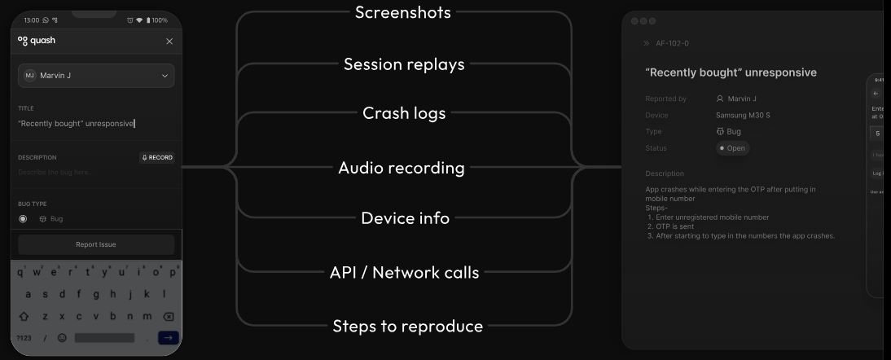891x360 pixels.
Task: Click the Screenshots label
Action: tap(402, 13)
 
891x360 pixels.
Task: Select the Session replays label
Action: tap(404, 64)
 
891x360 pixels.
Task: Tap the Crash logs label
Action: tap(404, 113)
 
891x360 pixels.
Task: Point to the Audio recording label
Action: tap(402, 169)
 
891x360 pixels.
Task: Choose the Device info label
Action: tap(405, 218)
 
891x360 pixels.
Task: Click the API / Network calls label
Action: tap(404, 273)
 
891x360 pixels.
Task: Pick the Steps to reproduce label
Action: tap(407, 327)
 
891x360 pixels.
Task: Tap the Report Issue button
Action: tap(96, 244)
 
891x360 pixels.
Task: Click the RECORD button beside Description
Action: tap(157, 157)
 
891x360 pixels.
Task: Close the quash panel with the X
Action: tap(169, 41)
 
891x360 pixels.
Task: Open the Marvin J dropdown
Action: tap(96, 76)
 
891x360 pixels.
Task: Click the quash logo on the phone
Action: tap(37, 41)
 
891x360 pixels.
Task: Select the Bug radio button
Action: tap(23, 219)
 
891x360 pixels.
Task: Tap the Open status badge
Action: tap(732, 148)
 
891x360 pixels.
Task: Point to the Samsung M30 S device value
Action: tap(743, 116)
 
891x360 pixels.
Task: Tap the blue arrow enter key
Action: tap(168, 337)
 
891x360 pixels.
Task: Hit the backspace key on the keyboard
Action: tap(169, 316)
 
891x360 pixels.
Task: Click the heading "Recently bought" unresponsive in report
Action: tap(730, 72)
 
